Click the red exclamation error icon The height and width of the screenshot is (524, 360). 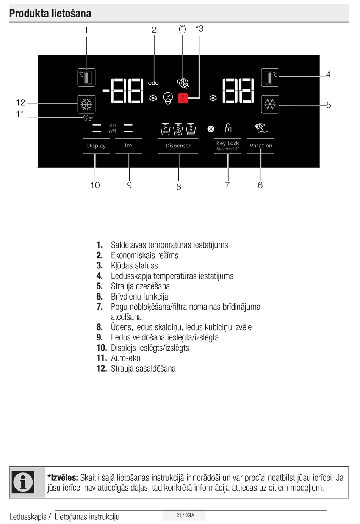(x=183, y=98)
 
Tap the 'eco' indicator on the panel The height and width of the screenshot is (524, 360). (x=153, y=83)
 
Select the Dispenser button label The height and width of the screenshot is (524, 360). (x=178, y=146)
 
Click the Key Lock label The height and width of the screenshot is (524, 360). (x=227, y=143)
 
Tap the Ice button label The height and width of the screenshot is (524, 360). (x=128, y=146)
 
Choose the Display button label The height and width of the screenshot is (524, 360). (x=96, y=146)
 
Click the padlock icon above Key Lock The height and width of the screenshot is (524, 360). (x=228, y=128)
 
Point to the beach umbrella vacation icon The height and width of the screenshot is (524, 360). (x=261, y=128)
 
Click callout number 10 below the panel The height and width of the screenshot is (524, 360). (x=95, y=185)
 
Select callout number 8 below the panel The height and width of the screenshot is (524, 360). (x=178, y=187)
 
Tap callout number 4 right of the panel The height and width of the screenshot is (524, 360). (x=328, y=75)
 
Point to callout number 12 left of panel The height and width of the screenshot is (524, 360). (x=20, y=102)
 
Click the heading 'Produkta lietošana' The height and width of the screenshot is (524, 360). (x=50, y=14)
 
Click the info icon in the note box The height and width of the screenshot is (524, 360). (x=23, y=482)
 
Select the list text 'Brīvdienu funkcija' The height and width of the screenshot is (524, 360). (x=139, y=297)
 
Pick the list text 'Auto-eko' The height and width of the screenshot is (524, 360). (x=125, y=358)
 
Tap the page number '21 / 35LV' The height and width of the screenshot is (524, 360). (x=185, y=515)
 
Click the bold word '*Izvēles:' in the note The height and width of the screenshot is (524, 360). (x=63, y=478)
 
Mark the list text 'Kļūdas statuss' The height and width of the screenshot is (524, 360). (x=134, y=265)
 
